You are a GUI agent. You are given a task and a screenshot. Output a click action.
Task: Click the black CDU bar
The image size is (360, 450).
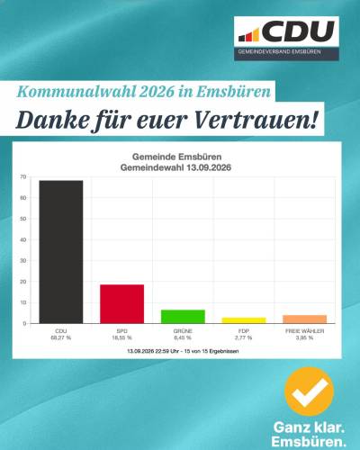coord(61,252)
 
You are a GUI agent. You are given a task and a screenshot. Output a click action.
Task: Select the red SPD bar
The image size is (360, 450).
coord(121,304)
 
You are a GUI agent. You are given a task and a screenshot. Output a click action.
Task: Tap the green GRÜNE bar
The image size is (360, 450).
coord(183,317)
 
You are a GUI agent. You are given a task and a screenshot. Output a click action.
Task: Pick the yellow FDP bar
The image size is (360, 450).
coord(244,320)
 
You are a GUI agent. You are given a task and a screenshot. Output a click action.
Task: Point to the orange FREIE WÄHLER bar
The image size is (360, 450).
coord(304,319)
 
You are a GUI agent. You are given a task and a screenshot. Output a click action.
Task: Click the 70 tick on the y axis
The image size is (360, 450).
coord(23,177)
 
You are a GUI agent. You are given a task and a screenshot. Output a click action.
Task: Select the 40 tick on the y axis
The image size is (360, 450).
coord(23,239)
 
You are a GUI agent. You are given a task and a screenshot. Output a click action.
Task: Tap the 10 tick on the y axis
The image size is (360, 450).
coord(23,302)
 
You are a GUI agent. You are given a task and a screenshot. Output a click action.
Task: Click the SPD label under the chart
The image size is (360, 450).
coord(121,331)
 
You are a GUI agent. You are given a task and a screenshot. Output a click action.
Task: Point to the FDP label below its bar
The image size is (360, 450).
coord(244,331)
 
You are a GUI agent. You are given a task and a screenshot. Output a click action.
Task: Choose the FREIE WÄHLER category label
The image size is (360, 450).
coord(304,331)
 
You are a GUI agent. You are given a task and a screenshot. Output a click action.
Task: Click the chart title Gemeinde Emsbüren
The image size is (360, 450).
coord(176,157)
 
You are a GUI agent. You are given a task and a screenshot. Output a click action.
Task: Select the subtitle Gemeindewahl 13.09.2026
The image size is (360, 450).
coord(175,167)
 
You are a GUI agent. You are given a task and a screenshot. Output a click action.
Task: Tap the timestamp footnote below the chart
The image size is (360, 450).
coord(183,351)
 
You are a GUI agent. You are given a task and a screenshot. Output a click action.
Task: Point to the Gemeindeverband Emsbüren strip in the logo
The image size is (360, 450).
coord(286,53)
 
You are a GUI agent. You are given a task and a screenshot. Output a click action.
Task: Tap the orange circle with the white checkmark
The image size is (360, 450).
coord(309,391)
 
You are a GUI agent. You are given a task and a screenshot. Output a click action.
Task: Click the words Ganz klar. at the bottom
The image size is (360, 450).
coord(309,427)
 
